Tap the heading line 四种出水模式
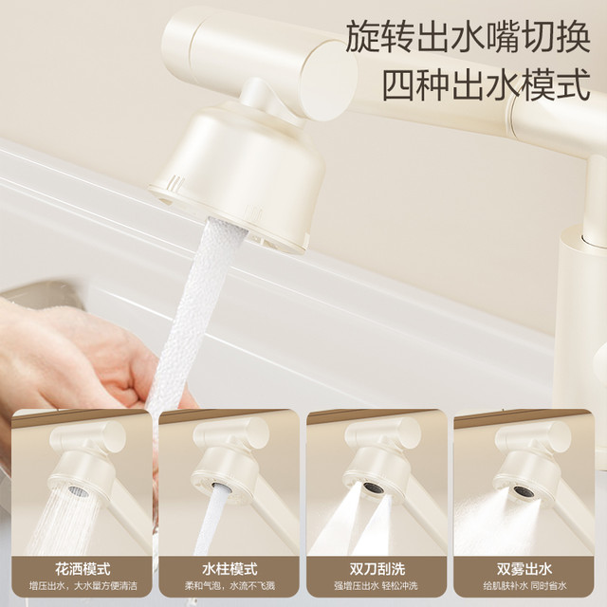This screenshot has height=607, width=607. pyautogui.click(x=487, y=84)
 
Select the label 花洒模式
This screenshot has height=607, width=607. pyautogui.click(x=83, y=569)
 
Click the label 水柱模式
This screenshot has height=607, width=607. pyautogui.click(x=230, y=569)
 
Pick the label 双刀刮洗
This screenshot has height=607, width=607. pyautogui.click(x=377, y=569)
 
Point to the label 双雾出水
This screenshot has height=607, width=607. pyautogui.click(x=524, y=569)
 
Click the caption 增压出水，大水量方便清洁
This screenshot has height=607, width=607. pyautogui.click(x=83, y=585)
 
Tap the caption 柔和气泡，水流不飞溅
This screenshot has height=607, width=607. pyautogui.click(x=230, y=585)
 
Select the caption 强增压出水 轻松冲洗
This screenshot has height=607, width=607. pyautogui.click(x=376, y=585)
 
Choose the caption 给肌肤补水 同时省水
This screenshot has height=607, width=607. pyautogui.click(x=524, y=585)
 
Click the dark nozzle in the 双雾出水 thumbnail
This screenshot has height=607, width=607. pyautogui.click(x=524, y=491)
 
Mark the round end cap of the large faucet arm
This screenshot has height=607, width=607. pyautogui.click(x=329, y=81)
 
